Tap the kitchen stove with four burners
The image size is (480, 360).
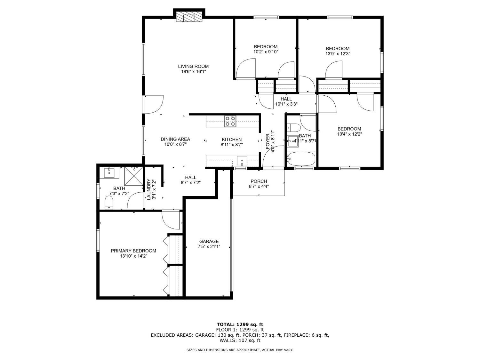(x=230, y=121)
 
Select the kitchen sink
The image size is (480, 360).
(x=242, y=160)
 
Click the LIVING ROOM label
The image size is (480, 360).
(x=193, y=66)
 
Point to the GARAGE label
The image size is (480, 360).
(x=209, y=241)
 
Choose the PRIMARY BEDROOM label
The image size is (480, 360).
(x=133, y=251)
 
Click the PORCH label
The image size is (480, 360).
(x=259, y=181)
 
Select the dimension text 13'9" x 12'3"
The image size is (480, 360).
(x=338, y=54)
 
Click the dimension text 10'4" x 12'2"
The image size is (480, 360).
(x=349, y=134)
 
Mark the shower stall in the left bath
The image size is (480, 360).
(x=134, y=176)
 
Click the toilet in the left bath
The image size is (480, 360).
(x=109, y=203)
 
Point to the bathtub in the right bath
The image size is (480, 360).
(x=301, y=158)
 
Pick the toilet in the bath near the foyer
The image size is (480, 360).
(x=293, y=128)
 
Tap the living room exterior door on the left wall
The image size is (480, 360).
(x=154, y=104)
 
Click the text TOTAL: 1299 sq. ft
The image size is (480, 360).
(x=240, y=324)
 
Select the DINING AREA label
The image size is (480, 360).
(x=175, y=139)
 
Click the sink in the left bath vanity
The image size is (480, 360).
(x=109, y=173)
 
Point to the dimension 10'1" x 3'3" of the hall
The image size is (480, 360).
(x=286, y=104)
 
